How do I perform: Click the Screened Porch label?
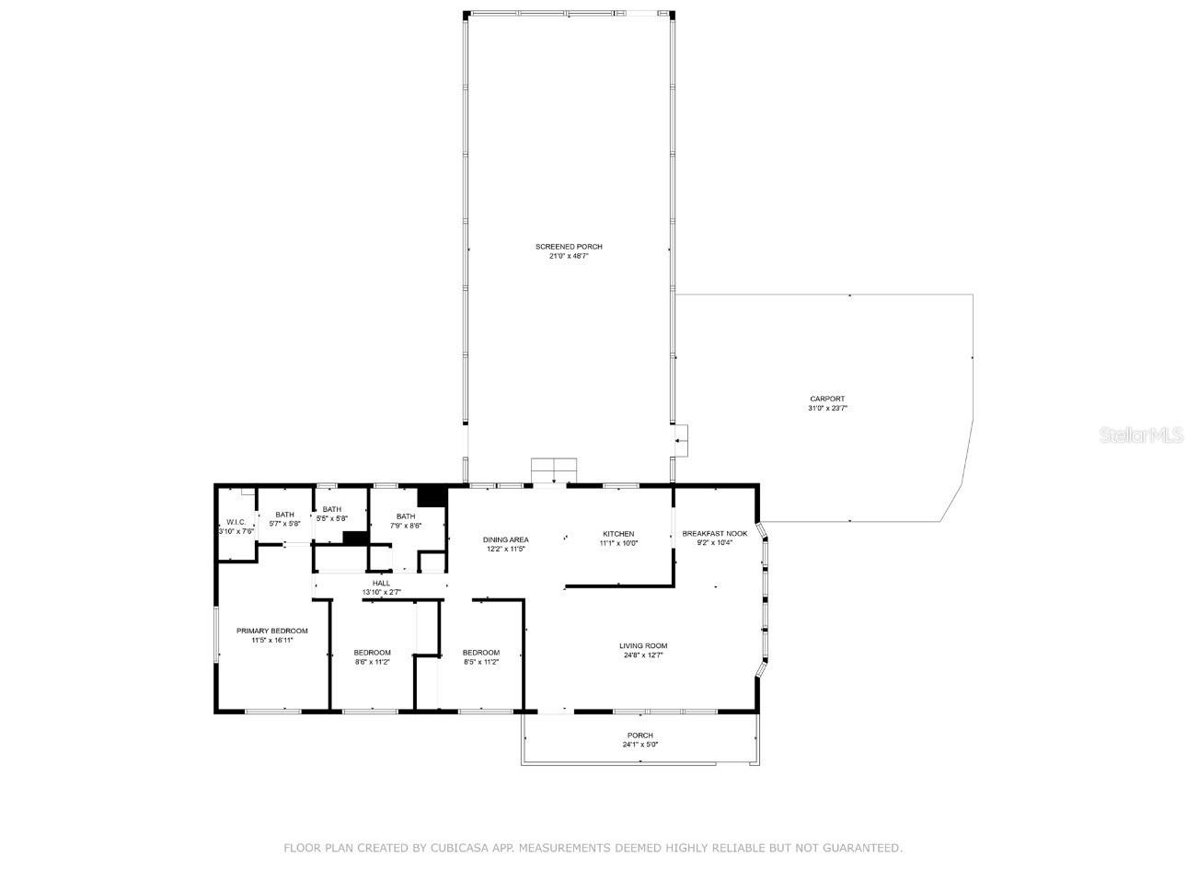569,247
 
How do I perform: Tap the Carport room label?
827,399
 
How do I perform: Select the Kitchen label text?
618,534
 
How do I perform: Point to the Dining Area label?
506,539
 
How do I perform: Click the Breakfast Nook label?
714,533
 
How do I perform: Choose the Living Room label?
643,645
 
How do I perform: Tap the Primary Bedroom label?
271,631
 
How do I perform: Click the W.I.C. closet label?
236,522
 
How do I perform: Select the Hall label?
381,583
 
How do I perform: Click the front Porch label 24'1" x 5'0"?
640,736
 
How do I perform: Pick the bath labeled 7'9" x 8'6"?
406,521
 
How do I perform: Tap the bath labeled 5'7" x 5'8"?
284,519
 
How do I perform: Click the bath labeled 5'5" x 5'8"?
331,514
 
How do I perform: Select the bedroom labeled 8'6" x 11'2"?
373,656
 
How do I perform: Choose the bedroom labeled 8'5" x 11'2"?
480,656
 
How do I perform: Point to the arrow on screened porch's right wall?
681,442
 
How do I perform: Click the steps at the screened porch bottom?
553,469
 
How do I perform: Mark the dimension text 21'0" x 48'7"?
569,256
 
